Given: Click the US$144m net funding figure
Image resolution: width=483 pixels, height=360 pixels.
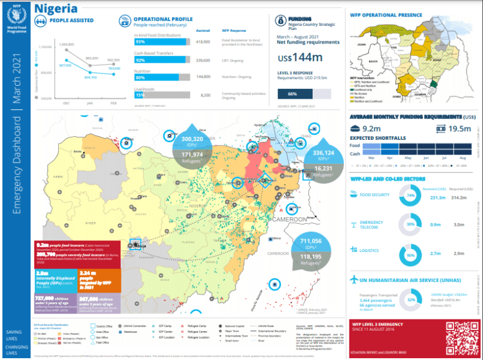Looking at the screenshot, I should (x=300, y=58).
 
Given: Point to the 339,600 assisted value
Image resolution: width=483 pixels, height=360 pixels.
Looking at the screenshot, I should (x=202, y=60).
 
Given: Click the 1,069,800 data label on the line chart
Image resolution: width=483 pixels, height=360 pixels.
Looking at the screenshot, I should (x=67, y=45).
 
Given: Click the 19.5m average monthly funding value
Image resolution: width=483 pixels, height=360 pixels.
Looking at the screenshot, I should (x=460, y=128).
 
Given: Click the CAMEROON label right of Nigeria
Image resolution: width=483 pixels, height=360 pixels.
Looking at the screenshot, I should (x=289, y=219).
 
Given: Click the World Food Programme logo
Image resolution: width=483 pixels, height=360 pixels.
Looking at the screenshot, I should (x=13, y=18).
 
